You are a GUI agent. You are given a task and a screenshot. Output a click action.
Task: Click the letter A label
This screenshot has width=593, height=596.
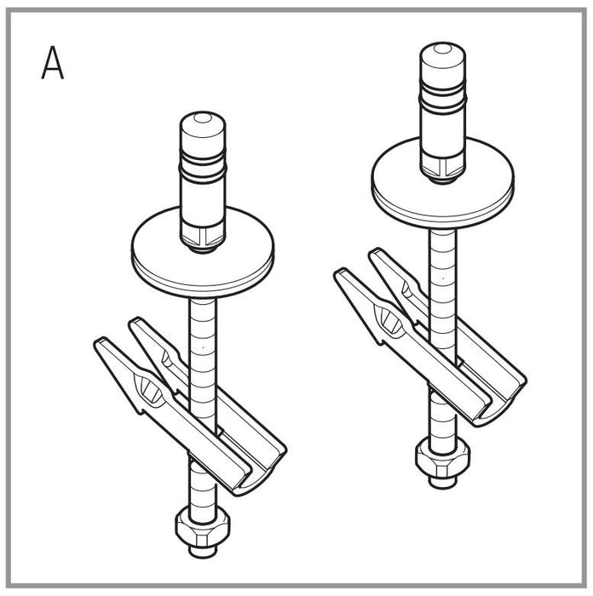point(53,63)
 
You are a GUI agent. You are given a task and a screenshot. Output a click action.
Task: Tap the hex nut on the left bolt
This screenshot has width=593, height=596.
point(203,528)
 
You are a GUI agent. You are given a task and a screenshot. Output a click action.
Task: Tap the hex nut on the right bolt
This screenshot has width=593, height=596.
point(443,458)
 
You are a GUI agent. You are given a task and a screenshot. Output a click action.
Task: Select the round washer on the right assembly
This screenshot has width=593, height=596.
point(443,183)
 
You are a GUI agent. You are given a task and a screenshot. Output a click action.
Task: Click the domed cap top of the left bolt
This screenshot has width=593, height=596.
point(203,125)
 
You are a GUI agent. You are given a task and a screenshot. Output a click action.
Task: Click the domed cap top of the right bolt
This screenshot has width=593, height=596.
point(443,56)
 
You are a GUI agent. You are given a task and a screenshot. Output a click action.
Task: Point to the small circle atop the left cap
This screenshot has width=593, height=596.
point(203,117)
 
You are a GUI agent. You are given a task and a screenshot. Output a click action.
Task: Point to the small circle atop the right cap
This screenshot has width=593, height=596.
point(442,49)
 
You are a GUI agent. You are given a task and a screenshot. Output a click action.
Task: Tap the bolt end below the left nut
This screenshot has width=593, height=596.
point(203,552)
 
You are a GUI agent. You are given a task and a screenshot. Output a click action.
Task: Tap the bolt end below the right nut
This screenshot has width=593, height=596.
point(443,483)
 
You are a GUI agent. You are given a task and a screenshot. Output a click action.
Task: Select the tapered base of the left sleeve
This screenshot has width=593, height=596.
point(203,238)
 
